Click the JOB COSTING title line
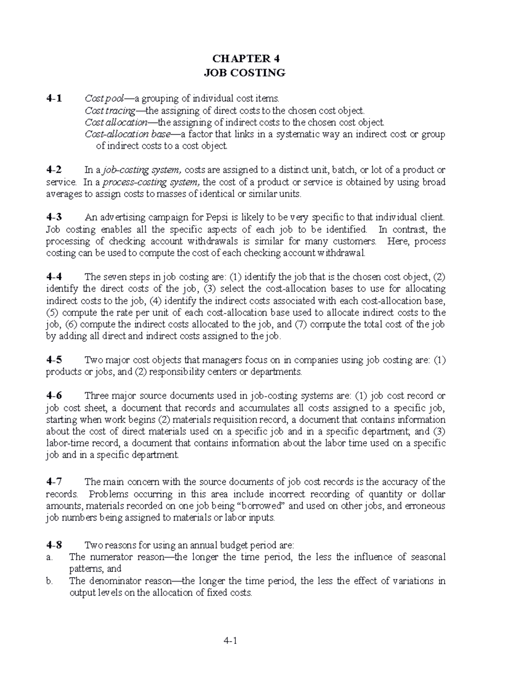245,73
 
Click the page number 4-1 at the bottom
229,641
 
